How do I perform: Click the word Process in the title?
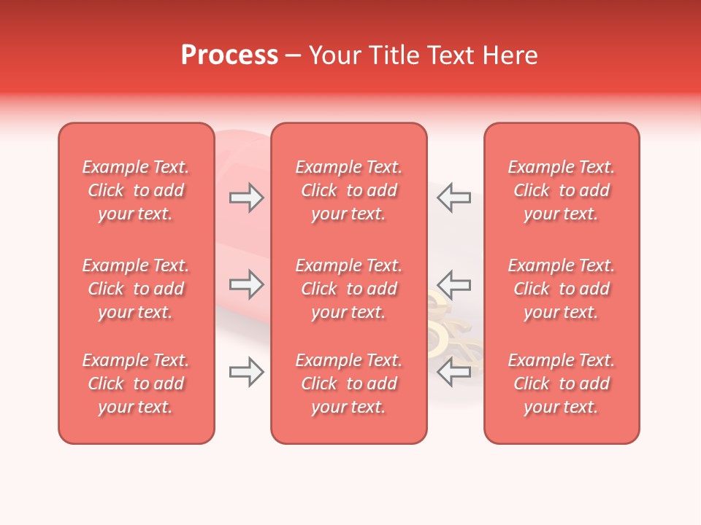[x=229, y=55]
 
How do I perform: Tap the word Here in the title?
[x=511, y=55]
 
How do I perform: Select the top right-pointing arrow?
[x=246, y=198]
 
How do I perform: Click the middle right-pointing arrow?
[x=246, y=284]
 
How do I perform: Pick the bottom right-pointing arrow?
[x=246, y=372]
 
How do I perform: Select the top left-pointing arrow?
[x=454, y=198]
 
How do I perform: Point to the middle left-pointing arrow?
[x=454, y=284]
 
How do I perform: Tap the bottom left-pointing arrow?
[x=454, y=372]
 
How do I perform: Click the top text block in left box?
[x=136, y=190]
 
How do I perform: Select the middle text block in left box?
[x=136, y=289]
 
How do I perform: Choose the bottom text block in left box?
[x=136, y=384]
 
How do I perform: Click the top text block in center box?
[x=348, y=190]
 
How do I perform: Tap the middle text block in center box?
[x=348, y=289]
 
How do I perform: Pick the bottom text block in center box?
[x=348, y=384]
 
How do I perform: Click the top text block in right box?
[x=562, y=190]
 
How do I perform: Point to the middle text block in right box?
[x=562, y=289]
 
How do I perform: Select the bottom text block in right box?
[x=562, y=384]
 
